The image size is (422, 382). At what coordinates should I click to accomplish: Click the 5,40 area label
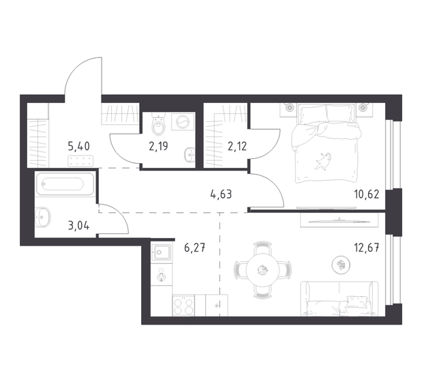point(78,145)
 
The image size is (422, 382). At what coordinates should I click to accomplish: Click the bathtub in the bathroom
point(63,186)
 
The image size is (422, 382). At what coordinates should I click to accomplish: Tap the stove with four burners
point(183,305)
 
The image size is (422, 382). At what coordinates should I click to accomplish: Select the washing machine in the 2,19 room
point(184,123)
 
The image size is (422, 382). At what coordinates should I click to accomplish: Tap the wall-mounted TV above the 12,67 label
point(337,220)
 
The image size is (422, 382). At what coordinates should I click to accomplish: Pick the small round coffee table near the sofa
point(340,263)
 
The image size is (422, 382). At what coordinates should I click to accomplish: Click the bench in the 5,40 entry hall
point(80,161)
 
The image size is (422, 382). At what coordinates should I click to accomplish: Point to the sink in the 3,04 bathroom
point(45,216)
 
